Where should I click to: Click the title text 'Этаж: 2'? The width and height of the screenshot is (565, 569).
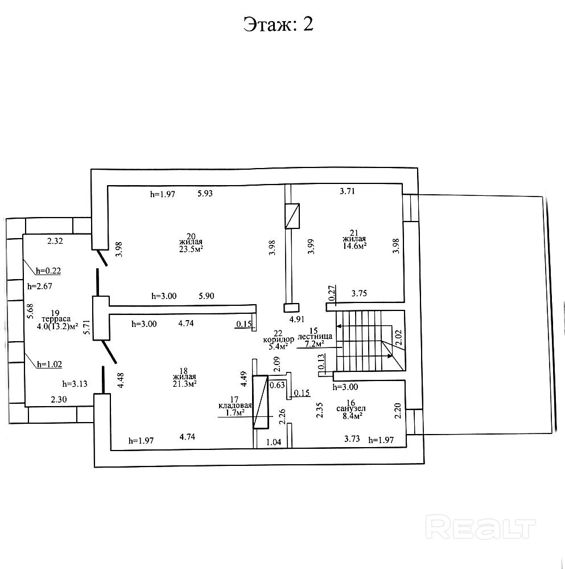(x=278, y=24)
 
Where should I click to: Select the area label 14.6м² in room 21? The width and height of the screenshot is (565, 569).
(x=354, y=245)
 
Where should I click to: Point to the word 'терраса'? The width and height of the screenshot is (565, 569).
(x=55, y=320)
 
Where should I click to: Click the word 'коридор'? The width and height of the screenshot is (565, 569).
(x=278, y=339)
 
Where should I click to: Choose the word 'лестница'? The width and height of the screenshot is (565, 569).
(x=314, y=337)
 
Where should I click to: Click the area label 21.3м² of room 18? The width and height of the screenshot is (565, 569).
(x=185, y=384)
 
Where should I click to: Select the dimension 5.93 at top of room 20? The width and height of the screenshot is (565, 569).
(x=205, y=194)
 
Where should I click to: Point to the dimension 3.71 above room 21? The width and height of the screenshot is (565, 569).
(x=347, y=191)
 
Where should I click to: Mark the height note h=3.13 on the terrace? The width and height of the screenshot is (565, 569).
(x=75, y=383)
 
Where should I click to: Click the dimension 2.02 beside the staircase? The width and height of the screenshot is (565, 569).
(x=398, y=339)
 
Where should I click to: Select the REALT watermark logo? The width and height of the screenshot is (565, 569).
(x=481, y=527)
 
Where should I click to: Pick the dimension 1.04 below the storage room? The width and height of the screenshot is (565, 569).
(x=274, y=441)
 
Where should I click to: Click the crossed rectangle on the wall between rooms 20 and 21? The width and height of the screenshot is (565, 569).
(x=292, y=216)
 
